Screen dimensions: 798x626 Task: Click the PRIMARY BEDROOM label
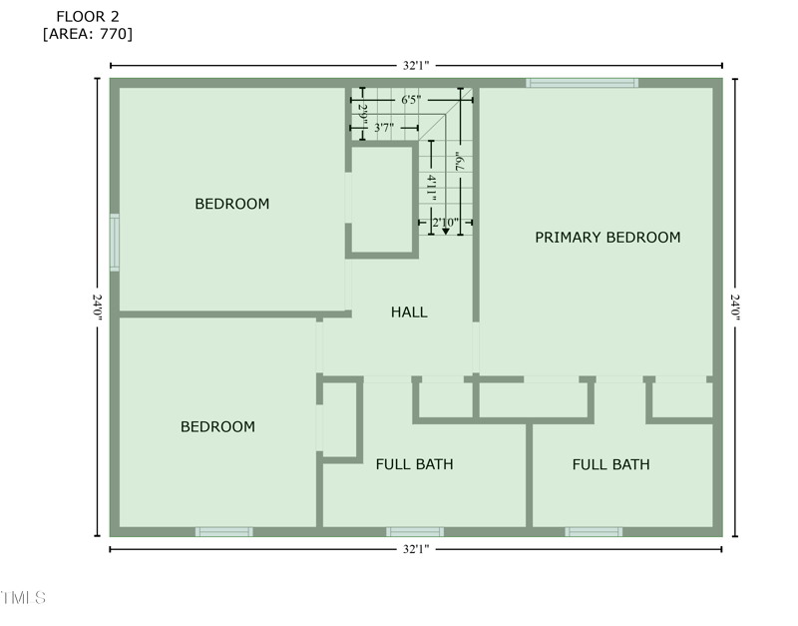(x=607, y=238)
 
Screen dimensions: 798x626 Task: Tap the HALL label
(x=409, y=313)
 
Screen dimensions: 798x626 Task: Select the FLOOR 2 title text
(x=88, y=17)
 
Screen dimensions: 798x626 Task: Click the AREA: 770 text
(x=88, y=34)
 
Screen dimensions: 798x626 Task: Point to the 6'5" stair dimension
(x=411, y=100)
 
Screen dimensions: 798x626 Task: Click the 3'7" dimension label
(x=384, y=128)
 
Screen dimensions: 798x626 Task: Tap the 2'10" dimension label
(x=445, y=223)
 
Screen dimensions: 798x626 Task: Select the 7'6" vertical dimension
(x=461, y=162)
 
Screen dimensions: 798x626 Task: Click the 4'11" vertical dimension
(x=431, y=188)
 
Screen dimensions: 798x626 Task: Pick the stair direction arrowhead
(x=446, y=232)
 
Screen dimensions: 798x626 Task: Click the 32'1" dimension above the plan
(x=416, y=66)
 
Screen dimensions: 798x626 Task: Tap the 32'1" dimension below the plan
(x=416, y=549)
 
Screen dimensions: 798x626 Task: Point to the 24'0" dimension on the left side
(x=97, y=308)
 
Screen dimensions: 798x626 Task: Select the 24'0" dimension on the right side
(x=735, y=308)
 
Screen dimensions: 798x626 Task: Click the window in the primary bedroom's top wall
(x=582, y=83)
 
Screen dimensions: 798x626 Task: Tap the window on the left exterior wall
(x=115, y=243)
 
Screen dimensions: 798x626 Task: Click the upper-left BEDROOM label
(x=232, y=204)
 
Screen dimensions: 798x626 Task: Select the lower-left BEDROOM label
(x=217, y=427)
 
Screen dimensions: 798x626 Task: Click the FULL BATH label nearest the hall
(x=414, y=464)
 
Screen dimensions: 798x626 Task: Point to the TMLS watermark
(x=23, y=597)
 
